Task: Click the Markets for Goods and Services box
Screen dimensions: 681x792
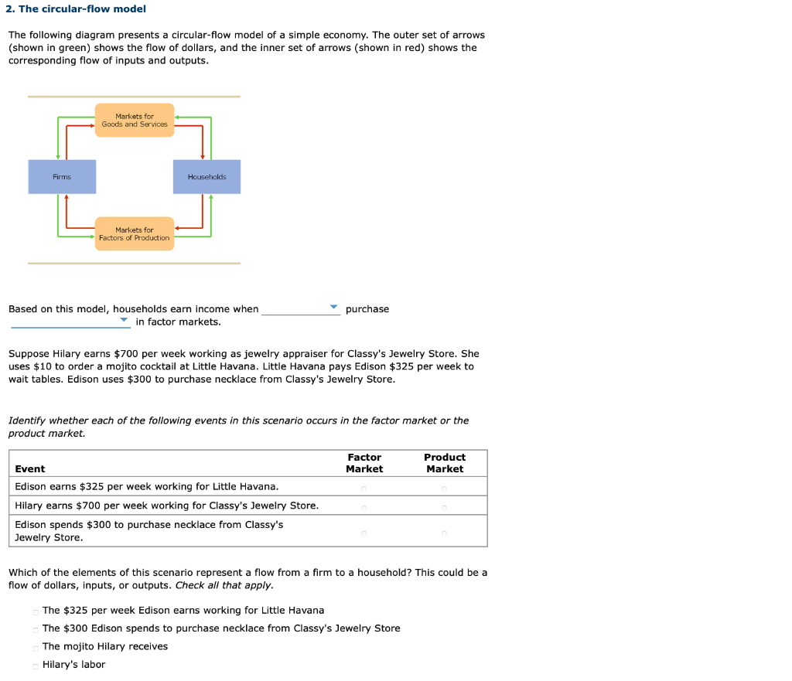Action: pyautogui.click(x=135, y=121)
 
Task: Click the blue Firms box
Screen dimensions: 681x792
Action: pyautogui.click(x=63, y=177)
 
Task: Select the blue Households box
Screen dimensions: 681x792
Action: pyautogui.click(x=207, y=177)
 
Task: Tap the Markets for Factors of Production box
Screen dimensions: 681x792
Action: pyautogui.click(x=135, y=233)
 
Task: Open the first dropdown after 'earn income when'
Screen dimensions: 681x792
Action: pyautogui.click(x=301, y=308)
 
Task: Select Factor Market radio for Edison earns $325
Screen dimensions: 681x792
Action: pyautogui.click(x=364, y=488)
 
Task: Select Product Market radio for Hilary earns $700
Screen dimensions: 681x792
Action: pyautogui.click(x=445, y=507)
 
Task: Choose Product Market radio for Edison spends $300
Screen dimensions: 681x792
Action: pyautogui.click(x=445, y=533)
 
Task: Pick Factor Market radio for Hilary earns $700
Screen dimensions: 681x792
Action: pyautogui.click(x=364, y=507)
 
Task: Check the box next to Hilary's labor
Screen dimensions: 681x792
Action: pyautogui.click(x=36, y=666)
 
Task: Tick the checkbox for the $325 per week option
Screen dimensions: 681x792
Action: pyautogui.click(x=36, y=611)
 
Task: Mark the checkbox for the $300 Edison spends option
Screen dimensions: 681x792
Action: pyautogui.click(x=36, y=629)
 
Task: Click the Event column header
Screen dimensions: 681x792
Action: pyautogui.click(x=30, y=469)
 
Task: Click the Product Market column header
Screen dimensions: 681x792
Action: pyautogui.click(x=445, y=463)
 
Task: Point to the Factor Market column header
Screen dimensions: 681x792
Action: pyautogui.click(x=364, y=463)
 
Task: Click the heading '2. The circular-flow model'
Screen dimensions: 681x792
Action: pyautogui.click(x=76, y=9)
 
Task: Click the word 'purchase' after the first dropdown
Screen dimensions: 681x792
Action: pyautogui.click(x=367, y=309)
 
